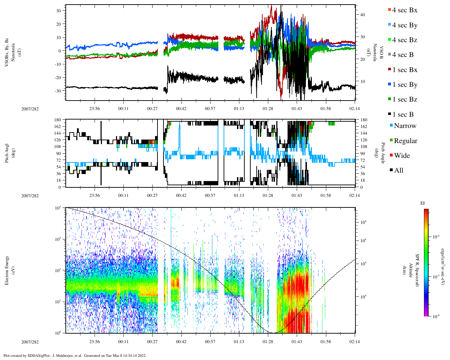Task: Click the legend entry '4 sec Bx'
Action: [x=404, y=10]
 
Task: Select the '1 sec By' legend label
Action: [x=405, y=85]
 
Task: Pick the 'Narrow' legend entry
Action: [x=405, y=126]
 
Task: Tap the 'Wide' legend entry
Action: [x=402, y=156]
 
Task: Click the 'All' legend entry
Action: [x=398, y=171]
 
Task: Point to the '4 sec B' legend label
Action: [x=403, y=55]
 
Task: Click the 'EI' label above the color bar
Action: [x=423, y=203]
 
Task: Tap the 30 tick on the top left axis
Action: [x=59, y=11]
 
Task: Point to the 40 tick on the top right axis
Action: [x=362, y=15]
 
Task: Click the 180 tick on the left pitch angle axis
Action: [x=58, y=120]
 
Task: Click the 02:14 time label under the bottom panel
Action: [x=354, y=342]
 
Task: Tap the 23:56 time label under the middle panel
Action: [x=94, y=195]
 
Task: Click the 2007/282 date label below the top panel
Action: [x=30, y=109]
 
